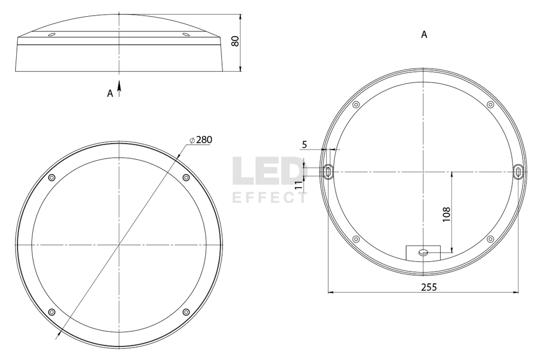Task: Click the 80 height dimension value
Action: click(235, 42)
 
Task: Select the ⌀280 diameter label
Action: click(201, 139)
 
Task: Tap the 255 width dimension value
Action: click(429, 287)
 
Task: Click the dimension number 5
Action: click(305, 145)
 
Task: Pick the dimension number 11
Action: click(299, 184)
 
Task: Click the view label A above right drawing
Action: click(424, 35)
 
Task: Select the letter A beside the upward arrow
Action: click(110, 93)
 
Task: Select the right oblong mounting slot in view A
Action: click(518, 172)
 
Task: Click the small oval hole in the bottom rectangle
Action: click(423, 252)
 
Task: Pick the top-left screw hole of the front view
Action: click(52, 178)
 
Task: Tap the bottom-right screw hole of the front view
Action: click(186, 312)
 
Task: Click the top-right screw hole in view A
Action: click(490, 104)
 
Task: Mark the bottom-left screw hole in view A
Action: click(356, 239)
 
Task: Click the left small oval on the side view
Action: click(51, 35)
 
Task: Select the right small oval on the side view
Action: click(186, 35)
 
